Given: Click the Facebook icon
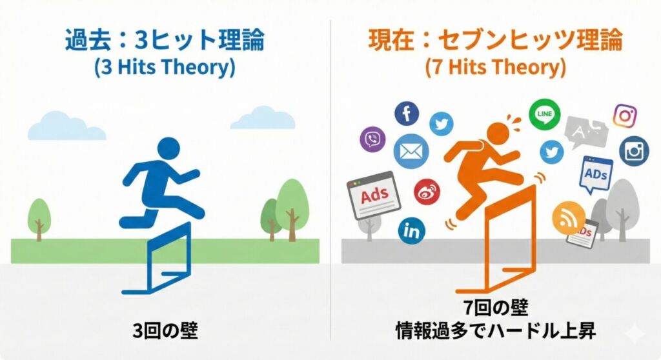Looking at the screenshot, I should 407,114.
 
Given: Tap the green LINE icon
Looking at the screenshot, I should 544,114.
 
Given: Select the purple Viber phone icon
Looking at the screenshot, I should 373,139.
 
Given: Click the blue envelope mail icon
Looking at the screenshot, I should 411,152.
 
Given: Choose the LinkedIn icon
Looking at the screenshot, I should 411,230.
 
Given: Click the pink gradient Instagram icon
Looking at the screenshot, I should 625,116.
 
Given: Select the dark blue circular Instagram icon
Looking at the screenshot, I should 634,151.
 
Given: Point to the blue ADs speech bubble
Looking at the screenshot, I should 595,173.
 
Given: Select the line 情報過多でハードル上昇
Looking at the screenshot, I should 496,332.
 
